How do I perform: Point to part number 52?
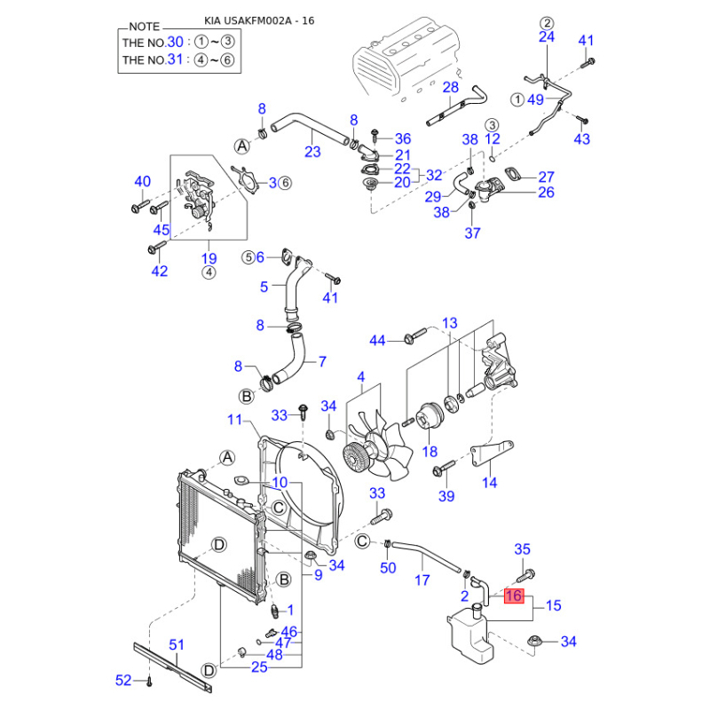(123, 681)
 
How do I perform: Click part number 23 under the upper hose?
(312, 152)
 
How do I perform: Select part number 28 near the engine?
(451, 87)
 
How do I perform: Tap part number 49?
(535, 99)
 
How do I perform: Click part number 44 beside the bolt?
(378, 340)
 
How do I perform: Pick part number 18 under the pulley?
(430, 452)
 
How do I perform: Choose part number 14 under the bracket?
(490, 483)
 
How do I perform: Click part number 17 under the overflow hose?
(422, 580)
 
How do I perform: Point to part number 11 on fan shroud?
(235, 419)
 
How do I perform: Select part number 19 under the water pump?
(209, 259)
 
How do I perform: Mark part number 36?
(402, 138)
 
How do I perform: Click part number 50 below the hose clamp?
(388, 568)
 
